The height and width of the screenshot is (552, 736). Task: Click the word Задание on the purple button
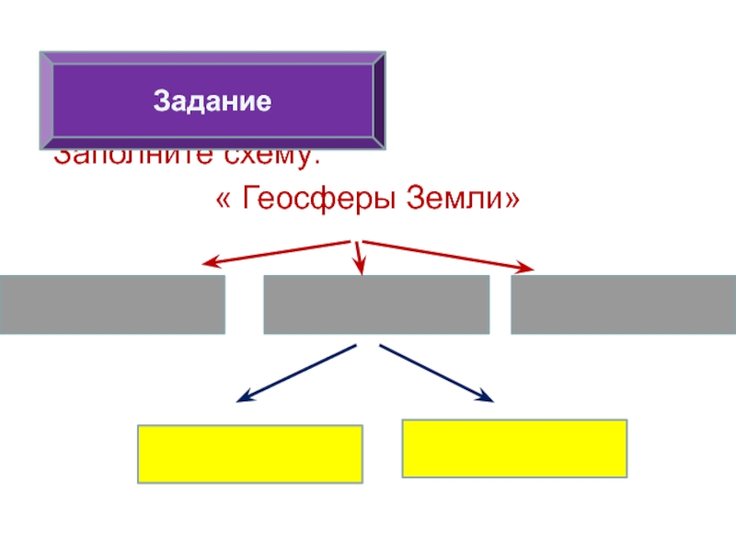coord(213,99)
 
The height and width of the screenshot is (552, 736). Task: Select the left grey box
coord(112,305)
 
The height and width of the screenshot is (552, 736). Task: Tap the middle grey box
coord(376,305)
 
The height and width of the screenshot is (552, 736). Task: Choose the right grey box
coord(623,305)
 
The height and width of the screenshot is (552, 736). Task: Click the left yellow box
coord(249,454)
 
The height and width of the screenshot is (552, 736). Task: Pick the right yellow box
coord(514,448)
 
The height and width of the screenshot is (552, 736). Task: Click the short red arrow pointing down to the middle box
coord(360,258)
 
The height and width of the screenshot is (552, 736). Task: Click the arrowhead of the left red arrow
coord(210,264)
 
